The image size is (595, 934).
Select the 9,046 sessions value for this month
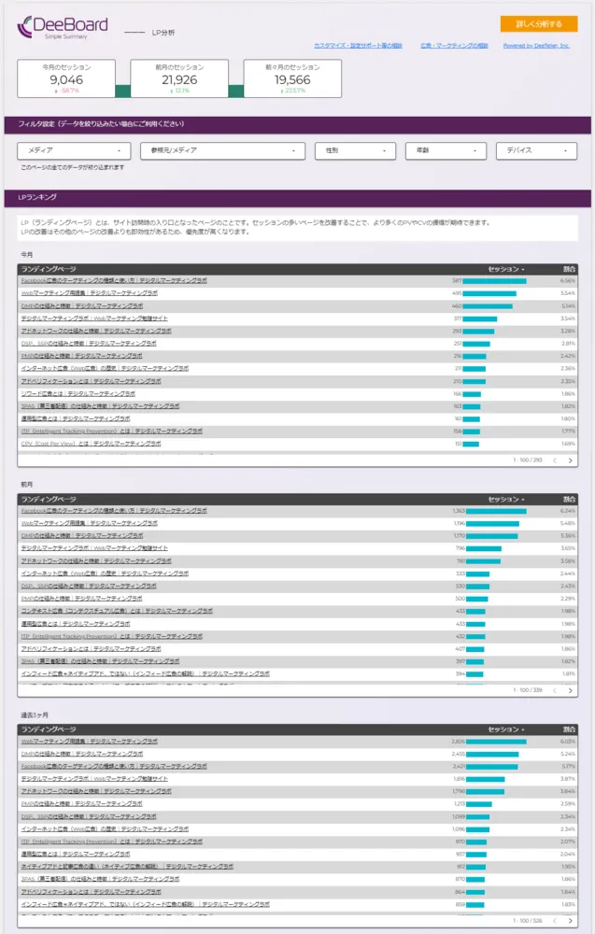pos(66,80)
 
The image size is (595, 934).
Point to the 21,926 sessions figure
pos(179,80)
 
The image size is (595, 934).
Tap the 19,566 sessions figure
pos(293,80)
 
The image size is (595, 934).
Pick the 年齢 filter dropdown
pos(446,150)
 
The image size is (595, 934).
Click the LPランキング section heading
pos(38,198)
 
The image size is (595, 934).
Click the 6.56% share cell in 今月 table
pos(567,280)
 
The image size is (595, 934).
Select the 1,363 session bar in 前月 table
pos(496,511)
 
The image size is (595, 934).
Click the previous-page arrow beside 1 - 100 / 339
pos(555,690)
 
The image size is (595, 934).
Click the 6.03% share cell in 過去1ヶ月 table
pos(567,742)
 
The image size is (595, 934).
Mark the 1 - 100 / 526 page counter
pos(528,921)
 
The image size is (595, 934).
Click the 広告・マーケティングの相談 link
pos(454,46)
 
